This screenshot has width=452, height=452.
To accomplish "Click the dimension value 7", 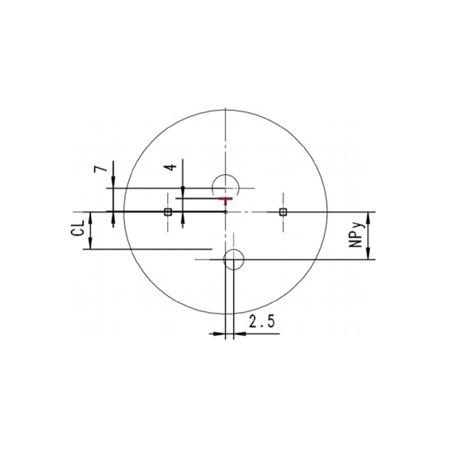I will (x=99, y=169).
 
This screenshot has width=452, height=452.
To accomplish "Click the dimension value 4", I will (x=169, y=167).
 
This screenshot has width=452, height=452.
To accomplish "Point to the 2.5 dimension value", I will (x=262, y=323).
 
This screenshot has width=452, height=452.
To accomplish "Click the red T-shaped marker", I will (x=225, y=200).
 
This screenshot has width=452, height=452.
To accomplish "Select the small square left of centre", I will (x=167, y=212).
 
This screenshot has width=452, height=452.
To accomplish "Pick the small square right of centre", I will (x=283, y=212).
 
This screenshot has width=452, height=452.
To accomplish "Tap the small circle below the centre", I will (x=233, y=260).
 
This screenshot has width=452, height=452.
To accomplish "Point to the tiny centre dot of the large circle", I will (x=225, y=212).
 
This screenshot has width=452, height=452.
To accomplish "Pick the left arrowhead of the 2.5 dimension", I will (x=220, y=334).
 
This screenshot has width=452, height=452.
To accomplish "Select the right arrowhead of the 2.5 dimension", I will (x=240, y=334).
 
